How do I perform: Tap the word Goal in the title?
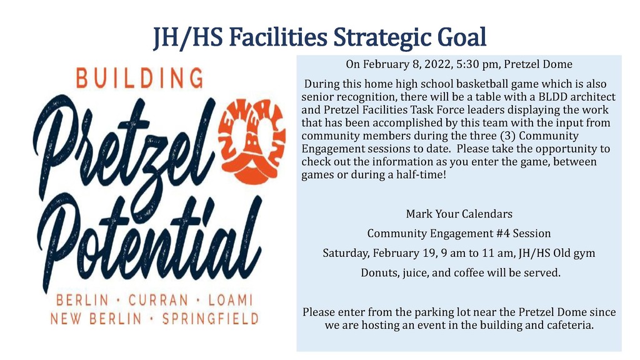tap(462, 37)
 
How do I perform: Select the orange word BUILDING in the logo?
tap(139, 78)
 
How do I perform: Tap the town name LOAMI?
tap(231, 301)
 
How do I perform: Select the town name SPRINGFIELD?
tap(210, 319)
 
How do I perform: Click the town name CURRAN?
tap(158, 301)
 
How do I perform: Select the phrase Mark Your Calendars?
tap(459, 214)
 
